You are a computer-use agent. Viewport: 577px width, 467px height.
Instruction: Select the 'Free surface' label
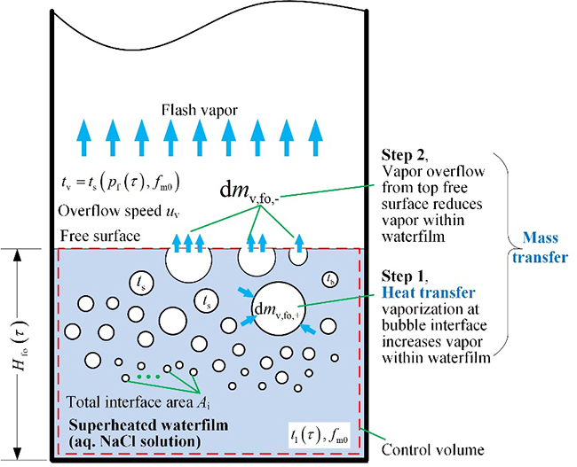[x=100, y=237]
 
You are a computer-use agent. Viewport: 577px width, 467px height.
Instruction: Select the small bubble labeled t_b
[x=330, y=279]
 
